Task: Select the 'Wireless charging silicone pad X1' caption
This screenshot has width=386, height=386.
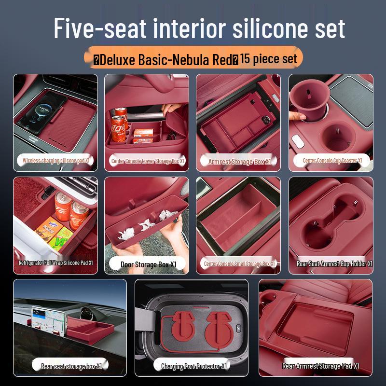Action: click(x=56, y=161)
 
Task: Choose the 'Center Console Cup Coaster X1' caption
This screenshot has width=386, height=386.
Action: click(x=332, y=161)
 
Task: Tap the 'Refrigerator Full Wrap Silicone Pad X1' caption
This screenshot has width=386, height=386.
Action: click(x=55, y=263)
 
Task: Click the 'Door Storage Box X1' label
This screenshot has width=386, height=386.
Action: click(x=149, y=264)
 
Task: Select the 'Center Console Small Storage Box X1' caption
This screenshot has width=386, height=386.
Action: click(x=239, y=264)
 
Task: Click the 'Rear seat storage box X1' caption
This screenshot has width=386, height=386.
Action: click(x=71, y=366)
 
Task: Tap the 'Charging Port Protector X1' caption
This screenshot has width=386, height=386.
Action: click(x=193, y=366)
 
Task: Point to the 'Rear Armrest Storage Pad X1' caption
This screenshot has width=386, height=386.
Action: click(x=320, y=366)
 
